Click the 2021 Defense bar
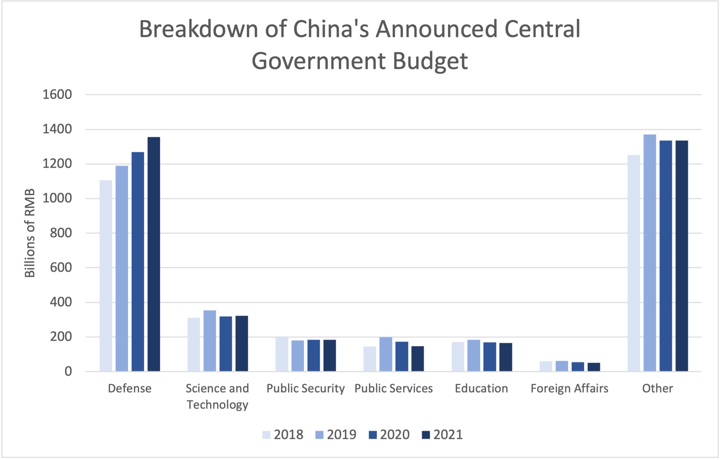pos(153,254)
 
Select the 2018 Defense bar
pos(106,276)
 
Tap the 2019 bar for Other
pos(649,253)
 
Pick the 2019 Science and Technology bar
pos(210,340)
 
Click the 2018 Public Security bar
pos(282,354)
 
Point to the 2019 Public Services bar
pos(386,354)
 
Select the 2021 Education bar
pos(505,357)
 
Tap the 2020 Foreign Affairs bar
pos(578,367)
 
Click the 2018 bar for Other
pos(634,263)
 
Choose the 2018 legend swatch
pos(266,435)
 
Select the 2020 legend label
pos(395,435)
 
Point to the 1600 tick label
pos(57,95)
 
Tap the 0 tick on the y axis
pos(68,371)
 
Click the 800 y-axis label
pos(61,233)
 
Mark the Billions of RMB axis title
pos(30,233)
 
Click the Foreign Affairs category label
pos(569,388)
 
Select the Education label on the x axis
pos(481,388)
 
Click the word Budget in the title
pos(430,61)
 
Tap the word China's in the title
pos(331,29)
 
